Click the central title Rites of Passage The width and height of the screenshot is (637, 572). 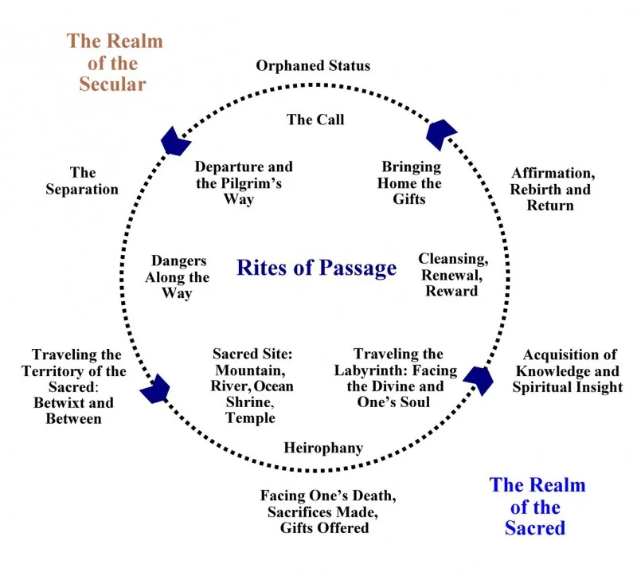coord(316,268)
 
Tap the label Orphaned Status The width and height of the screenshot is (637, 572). coord(313,66)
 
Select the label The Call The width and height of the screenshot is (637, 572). coord(315,119)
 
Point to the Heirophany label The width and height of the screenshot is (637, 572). coord(323,448)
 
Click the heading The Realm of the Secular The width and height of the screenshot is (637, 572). coord(114,63)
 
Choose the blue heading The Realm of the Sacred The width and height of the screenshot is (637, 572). coord(537,507)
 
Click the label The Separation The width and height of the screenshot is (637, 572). coord(82,181)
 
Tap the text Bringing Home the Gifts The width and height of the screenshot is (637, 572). coord(409,183)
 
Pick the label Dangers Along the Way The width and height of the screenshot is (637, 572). coord(178,277)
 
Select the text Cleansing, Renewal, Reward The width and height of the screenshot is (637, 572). coord(453,275)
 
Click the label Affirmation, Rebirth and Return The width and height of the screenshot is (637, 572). coord(553,189)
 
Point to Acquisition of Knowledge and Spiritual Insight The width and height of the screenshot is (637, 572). coord(568,370)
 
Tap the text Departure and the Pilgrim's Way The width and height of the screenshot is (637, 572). coord(244,183)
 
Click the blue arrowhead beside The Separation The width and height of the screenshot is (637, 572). coord(175,142)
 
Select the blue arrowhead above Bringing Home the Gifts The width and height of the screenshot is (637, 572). coord(441,134)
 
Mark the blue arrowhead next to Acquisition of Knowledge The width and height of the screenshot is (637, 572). coord(479,380)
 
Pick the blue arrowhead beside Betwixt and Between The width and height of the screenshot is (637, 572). coord(155,389)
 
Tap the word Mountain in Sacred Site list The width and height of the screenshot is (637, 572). coord(250,370)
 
